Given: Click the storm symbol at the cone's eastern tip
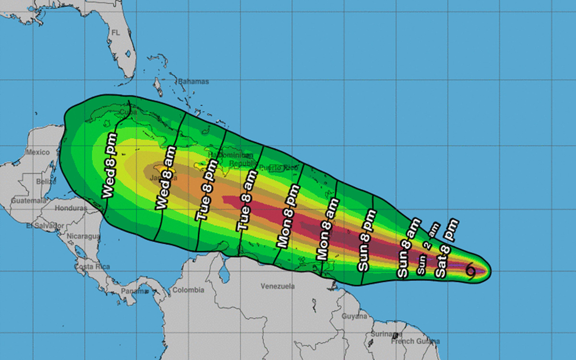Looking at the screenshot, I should tap(471, 272).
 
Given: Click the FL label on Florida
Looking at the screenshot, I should tap(116, 33).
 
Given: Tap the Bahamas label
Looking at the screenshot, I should tap(193, 82).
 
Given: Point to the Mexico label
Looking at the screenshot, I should tap(38, 152).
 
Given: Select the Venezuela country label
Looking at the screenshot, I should tap(277, 287).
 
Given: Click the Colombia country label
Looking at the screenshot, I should tap(188, 290).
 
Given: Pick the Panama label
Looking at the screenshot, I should tap(134, 291).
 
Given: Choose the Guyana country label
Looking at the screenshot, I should tap(354, 316).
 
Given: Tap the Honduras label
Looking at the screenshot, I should tap(71, 208).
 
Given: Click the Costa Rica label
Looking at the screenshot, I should tap(92, 266).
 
